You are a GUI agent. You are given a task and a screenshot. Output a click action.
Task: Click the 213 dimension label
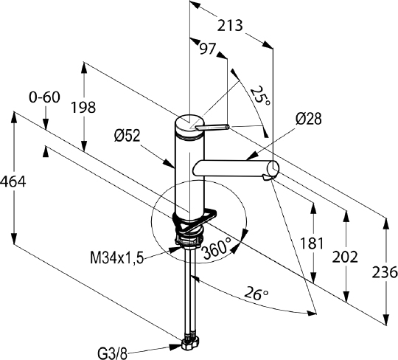pyautogui.click(x=230, y=26)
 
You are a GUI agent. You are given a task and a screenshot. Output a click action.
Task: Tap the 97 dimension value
pyautogui.click(x=207, y=49)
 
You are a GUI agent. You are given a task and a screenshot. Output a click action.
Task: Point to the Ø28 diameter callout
pyautogui.click(x=308, y=119)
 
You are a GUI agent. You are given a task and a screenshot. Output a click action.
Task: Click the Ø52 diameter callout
pyautogui.click(x=128, y=136)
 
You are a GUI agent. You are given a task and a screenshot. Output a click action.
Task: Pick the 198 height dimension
pyautogui.click(x=83, y=107)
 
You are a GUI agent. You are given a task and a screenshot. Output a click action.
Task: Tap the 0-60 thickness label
pyautogui.click(x=45, y=97)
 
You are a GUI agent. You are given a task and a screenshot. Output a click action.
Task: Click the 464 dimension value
pyautogui.click(x=13, y=182)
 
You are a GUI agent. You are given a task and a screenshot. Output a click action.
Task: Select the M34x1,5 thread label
pyautogui.click(x=117, y=259)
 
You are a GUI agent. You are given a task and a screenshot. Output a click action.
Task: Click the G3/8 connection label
pyautogui.click(x=113, y=353)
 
